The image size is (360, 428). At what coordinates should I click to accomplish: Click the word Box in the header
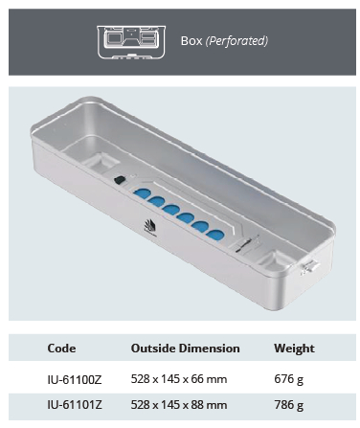click(x=191, y=42)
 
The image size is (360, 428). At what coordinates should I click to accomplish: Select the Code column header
click(x=61, y=349)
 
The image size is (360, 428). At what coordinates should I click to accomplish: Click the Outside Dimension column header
click(x=185, y=349)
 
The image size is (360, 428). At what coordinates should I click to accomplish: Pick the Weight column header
click(x=294, y=349)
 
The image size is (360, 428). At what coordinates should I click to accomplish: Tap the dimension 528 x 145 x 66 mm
click(x=179, y=379)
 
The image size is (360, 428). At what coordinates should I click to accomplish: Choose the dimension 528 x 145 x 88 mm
click(x=179, y=405)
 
